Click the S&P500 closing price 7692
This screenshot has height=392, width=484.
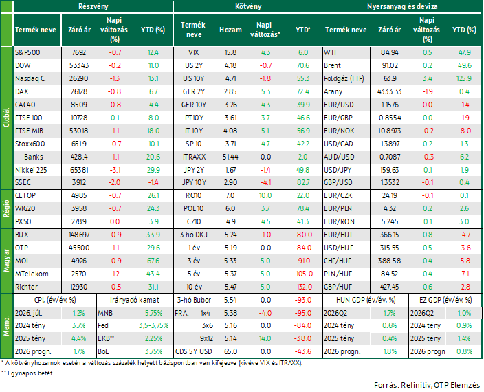click(78, 52)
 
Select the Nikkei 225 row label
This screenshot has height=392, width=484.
click(31, 170)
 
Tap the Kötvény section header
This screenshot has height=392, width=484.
click(248, 6)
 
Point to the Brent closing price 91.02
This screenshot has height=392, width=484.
click(389, 65)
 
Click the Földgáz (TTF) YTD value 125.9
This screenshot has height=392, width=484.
click(464, 78)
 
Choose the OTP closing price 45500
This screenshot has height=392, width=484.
click(79, 248)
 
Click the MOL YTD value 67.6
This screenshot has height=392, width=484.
click(153, 261)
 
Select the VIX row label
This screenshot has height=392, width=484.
click(194, 52)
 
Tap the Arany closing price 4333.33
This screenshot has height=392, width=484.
click(390, 91)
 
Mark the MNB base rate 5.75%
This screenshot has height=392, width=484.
click(154, 313)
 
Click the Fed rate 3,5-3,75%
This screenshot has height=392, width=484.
click(153, 326)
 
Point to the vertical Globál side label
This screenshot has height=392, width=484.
click(6, 118)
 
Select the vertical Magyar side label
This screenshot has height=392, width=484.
click(6, 261)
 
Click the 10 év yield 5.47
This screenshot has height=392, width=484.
click(230, 287)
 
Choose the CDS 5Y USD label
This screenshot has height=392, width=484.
click(194, 351)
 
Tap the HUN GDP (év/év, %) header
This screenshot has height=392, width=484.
click(366, 300)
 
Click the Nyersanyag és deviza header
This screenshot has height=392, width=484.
click(402, 6)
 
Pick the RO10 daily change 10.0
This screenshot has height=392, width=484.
click(265, 196)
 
